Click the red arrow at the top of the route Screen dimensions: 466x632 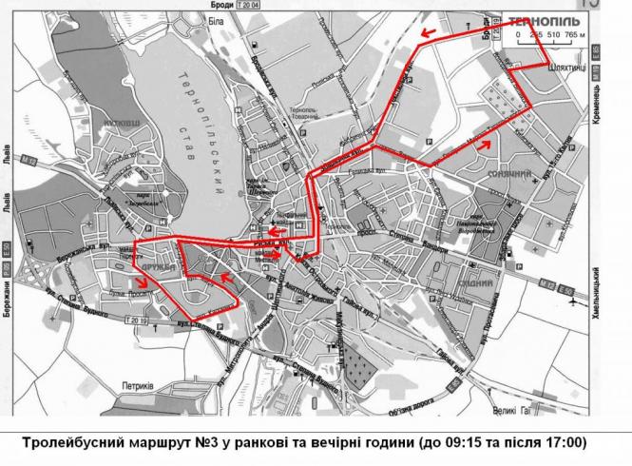pyautogui.click(x=430, y=34)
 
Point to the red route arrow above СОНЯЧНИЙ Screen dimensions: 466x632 pyautogui.click(x=486, y=144)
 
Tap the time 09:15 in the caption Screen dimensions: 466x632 pyautogui.click(x=476, y=442)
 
